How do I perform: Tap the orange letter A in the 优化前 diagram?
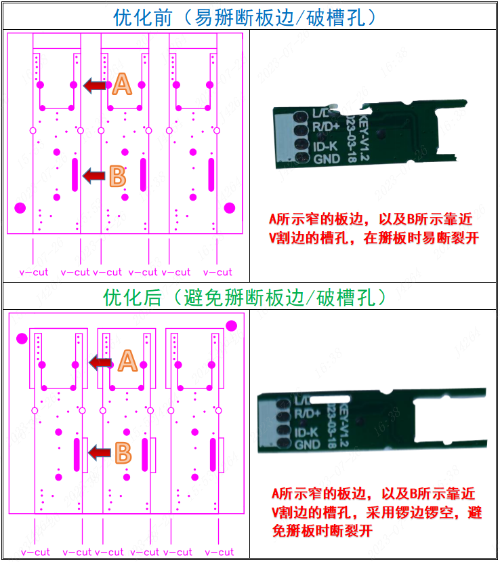(122, 84)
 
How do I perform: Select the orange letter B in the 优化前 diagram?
(117, 177)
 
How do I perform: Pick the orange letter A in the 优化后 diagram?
(127, 361)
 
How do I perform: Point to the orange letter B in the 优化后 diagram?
(123, 452)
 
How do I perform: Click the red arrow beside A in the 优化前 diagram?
(96, 85)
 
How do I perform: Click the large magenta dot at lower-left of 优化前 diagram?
(20, 207)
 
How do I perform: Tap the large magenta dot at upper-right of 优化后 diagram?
(232, 326)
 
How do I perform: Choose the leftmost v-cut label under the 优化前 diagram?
(34, 272)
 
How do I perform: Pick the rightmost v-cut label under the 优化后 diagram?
(217, 552)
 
